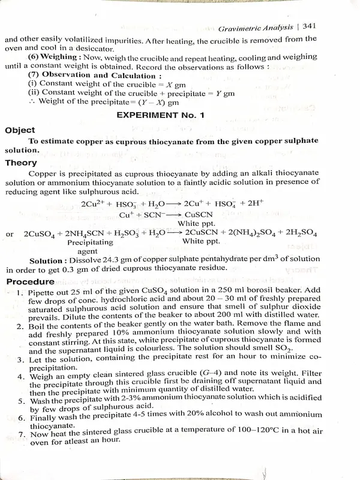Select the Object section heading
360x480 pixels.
(20, 130)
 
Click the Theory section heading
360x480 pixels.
(21, 162)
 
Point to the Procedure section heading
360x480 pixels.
(29, 281)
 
